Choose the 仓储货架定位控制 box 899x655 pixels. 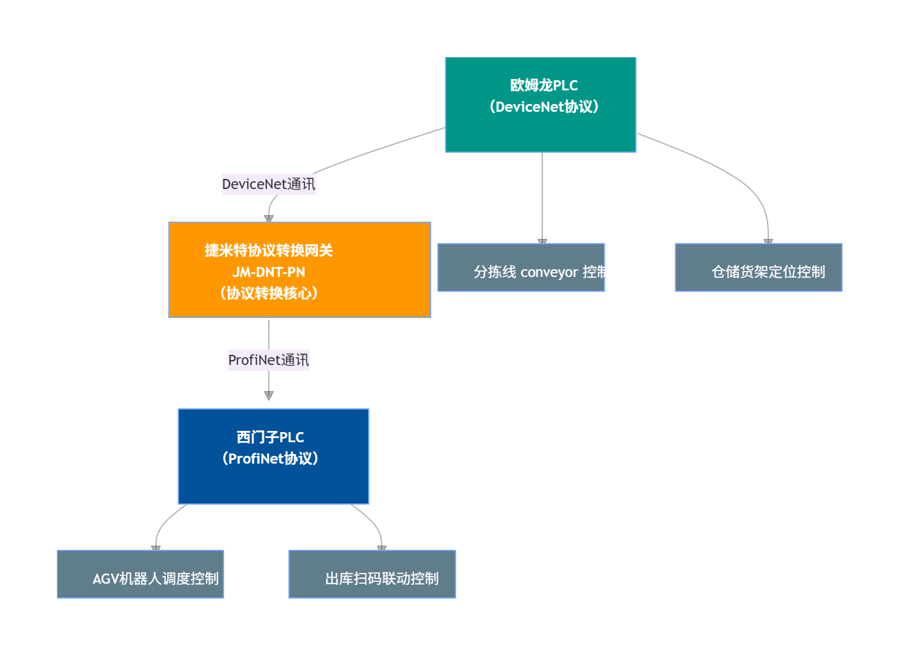click(758, 267)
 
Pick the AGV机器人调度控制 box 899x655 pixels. click(140, 574)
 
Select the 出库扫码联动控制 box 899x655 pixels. click(372, 574)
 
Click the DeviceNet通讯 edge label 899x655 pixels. click(269, 184)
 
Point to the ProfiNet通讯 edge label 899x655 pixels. click(269, 360)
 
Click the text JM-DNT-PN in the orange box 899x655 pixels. click(269, 272)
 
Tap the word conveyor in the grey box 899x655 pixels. click(549, 272)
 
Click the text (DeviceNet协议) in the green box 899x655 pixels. click(543, 107)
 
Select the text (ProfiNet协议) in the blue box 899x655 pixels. click(271, 459)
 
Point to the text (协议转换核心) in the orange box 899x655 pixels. click(269, 294)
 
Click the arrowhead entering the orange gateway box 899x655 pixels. click(269, 219)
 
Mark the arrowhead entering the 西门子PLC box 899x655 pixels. click(269, 396)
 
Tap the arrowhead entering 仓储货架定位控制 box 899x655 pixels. click(768, 241)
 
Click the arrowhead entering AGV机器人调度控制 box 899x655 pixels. click(156, 548)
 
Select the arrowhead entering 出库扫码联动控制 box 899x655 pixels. click(382, 548)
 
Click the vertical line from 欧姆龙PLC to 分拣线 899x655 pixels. click(542, 196)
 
